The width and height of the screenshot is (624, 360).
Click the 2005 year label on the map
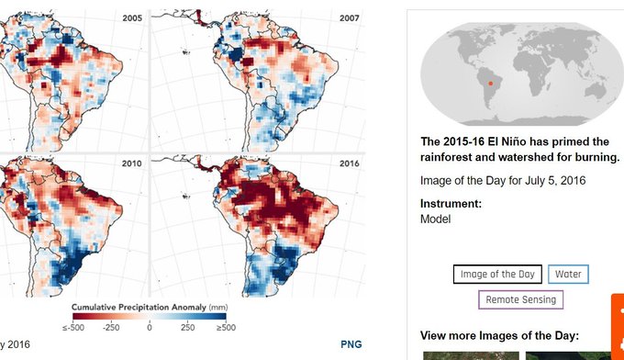click(x=132, y=18)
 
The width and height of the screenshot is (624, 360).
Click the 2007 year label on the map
click(x=349, y=18)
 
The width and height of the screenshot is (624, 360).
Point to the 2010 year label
click(x=131, y=163)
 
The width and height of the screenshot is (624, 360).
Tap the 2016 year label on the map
click(x=349, y=163)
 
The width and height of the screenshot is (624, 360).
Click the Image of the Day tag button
click(x=497, y=274)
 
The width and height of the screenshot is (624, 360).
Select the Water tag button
click(x=568, y=274)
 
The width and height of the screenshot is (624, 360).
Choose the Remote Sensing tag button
click(x=520, y=299)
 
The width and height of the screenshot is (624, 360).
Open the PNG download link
click(x=351, y=344)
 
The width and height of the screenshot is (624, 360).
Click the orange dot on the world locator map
click(x=491, y=84)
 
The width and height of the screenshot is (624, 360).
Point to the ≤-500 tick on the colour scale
click(x=73, y=328)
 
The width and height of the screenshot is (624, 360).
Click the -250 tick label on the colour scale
click(x=111, y=328)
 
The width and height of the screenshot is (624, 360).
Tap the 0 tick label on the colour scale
click(x=150, y=328)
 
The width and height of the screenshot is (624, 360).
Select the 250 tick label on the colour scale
click(x=187, y=328)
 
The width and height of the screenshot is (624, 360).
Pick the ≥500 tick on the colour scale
click(x=226, y=328)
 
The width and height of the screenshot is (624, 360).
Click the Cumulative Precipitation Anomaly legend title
click(x=139, y=308)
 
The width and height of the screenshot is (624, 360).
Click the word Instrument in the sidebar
click(x=449, y=204)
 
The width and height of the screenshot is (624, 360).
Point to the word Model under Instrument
click(x=435, y=219)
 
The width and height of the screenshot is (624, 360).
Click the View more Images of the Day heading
click(x=499, y=336)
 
